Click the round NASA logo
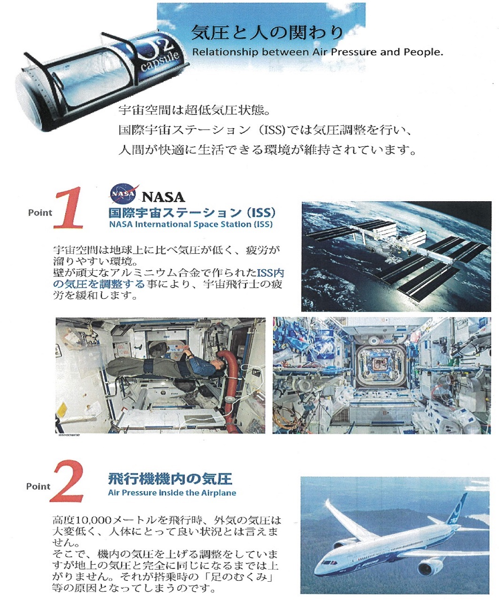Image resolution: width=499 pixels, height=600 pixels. pos(123,193)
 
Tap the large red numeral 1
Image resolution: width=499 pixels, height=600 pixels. pos(69,207)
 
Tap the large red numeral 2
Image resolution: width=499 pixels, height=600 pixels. pos(67,482)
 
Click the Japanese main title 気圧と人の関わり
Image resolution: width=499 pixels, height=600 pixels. pos(267,32)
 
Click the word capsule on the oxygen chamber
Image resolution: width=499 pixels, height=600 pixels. pos(160,61)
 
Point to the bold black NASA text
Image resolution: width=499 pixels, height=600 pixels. pos(163,197)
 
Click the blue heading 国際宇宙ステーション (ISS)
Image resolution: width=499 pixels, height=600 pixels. pos(192,213)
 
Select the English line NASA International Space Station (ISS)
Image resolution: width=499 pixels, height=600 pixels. pos(191,224)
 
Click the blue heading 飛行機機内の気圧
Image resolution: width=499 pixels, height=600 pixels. pos(170,479)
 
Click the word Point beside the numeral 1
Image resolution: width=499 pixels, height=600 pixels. pos(40,213)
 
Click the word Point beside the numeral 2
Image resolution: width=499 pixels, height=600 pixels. pos(38,486)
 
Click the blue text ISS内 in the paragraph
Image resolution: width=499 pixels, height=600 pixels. pos(270,273)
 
